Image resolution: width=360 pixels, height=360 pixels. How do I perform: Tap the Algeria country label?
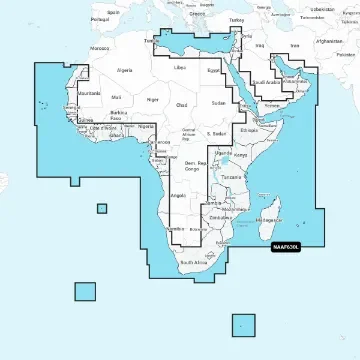(x=125, y=71)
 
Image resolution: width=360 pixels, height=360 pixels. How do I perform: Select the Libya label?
(x=180, y=67)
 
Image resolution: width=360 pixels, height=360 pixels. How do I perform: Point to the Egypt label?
(x=213, y=70)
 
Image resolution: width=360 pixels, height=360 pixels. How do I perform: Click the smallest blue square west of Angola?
(x=101, y=208)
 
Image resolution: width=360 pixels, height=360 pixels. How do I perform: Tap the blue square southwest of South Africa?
(x=85, y=291)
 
